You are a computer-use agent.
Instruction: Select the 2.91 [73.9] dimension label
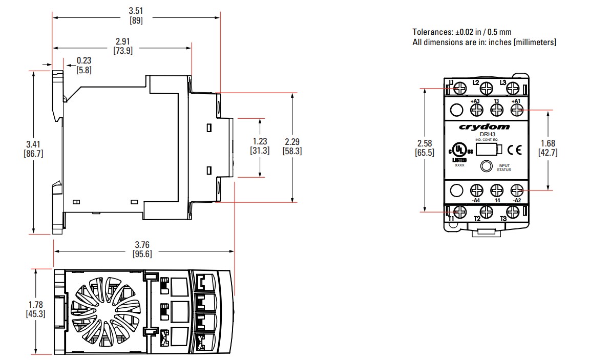click(122, 47)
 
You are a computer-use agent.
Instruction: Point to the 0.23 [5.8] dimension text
click(84, 65)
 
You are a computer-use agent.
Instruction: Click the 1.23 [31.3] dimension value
click(261, 146)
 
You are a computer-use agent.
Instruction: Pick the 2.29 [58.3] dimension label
click(292, 146)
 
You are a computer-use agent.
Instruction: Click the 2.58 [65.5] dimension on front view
click(426, 148)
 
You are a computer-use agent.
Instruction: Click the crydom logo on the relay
click(484, 126)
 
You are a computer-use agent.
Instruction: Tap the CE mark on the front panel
click(515, 150)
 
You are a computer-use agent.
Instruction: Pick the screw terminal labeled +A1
click(516, 110)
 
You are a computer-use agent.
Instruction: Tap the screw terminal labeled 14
click(496, 190)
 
